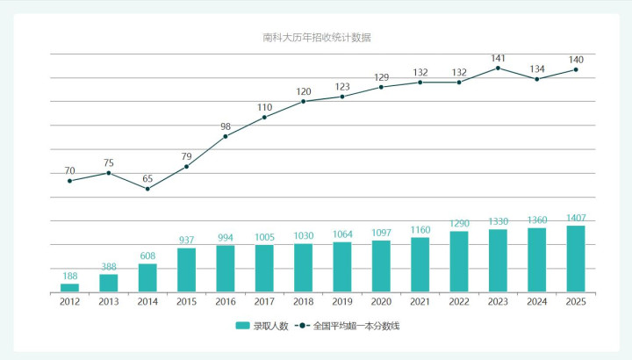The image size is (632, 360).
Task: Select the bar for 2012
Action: point(69,287)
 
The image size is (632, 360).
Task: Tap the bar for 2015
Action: point(186,270)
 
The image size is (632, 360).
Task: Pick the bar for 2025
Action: point(576,258)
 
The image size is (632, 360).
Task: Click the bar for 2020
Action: point(381,266)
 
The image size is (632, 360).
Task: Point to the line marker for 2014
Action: point(147,189)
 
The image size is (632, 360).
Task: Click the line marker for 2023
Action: point(498,68)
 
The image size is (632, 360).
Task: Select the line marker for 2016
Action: point(226,136)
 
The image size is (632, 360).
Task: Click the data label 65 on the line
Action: point(147,178)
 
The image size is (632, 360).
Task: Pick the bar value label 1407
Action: point(576,218)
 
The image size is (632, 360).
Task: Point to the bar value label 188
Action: point(69,276)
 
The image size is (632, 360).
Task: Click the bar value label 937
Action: point(186,240)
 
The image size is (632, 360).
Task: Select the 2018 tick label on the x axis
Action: point(303,301)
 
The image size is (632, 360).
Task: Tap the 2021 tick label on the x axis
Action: point(420,301)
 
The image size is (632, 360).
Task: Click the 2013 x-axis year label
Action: point(108,301)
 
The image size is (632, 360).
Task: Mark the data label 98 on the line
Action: point(226,126)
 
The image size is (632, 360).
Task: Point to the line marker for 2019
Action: point(342,97)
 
